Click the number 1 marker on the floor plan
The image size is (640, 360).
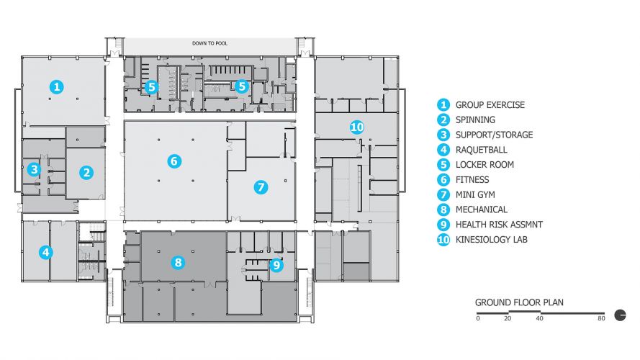57,86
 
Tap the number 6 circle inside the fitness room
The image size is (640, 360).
173,161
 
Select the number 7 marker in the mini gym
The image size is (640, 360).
261,187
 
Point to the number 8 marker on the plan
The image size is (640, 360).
178,262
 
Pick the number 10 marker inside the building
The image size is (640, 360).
356,127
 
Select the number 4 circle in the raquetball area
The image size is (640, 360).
46,252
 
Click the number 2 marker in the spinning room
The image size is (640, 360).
86,172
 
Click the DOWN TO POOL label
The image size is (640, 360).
210,43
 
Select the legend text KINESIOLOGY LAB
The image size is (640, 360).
492,240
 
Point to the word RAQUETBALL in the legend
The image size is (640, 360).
481,150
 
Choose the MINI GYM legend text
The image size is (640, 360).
475,194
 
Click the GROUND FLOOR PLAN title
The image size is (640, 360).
519,302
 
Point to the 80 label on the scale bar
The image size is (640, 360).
600,318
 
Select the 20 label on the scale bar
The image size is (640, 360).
508,318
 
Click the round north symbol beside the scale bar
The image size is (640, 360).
619,314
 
